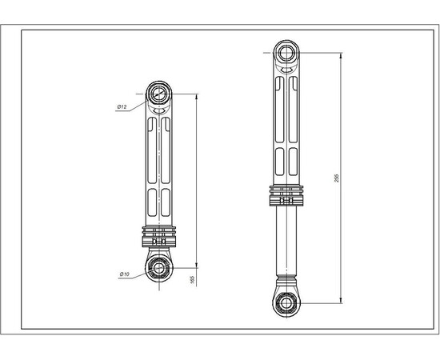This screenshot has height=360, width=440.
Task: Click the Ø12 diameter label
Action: click(123, 106)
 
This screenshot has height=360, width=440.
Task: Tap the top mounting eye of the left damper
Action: click(158, 94)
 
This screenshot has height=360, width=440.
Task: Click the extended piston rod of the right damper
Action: click(286, 240)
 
